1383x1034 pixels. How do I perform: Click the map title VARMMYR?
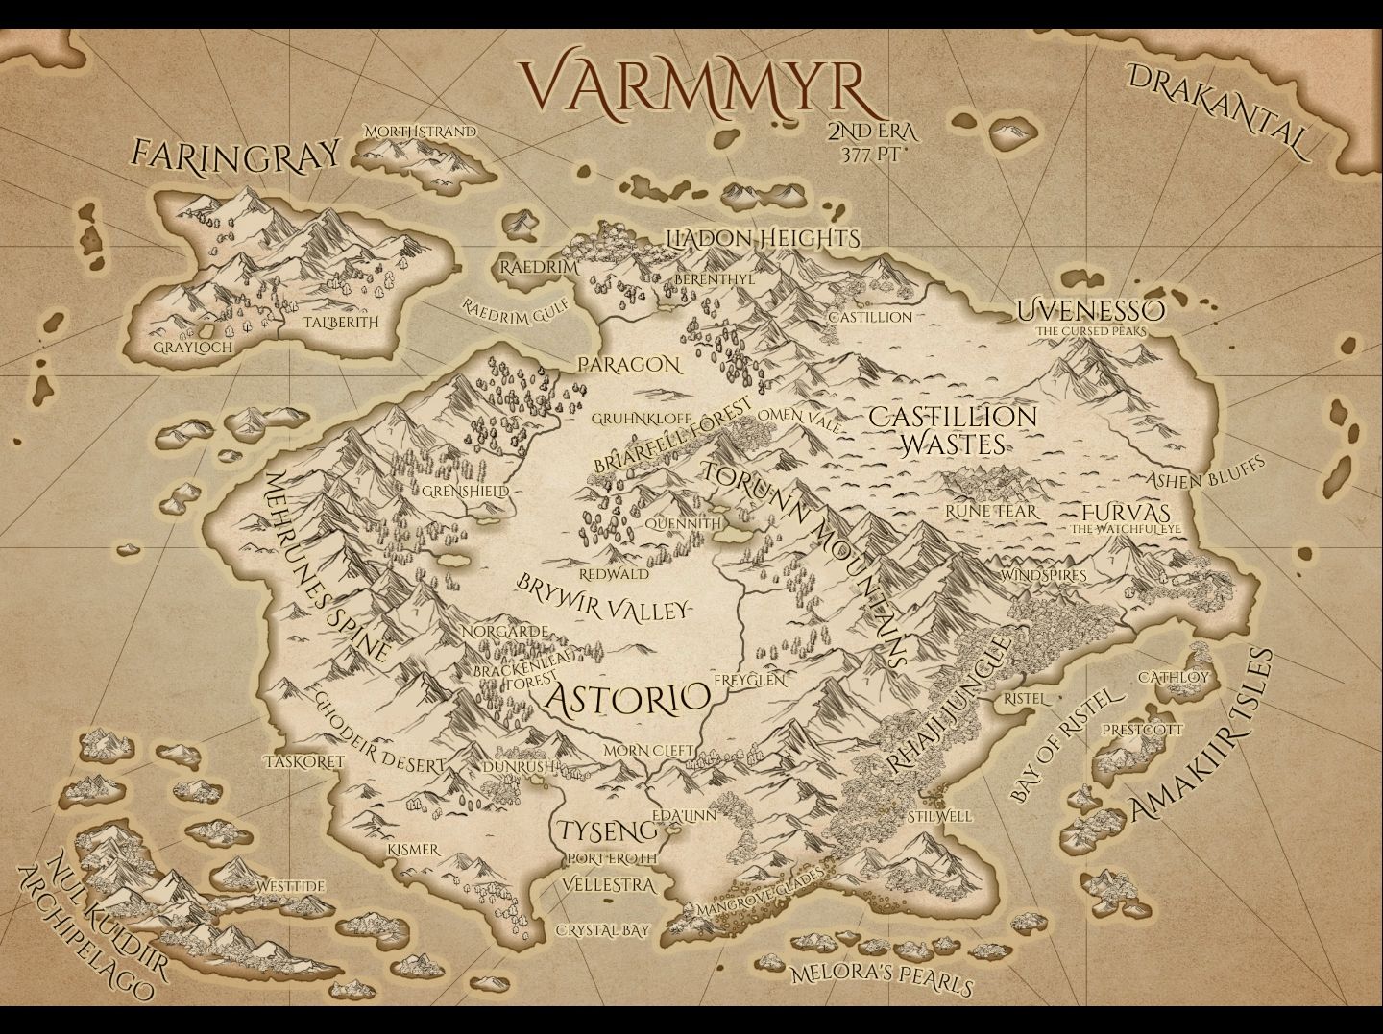click(x=698, y=85)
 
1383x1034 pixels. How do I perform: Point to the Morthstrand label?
click(x=421, y=131)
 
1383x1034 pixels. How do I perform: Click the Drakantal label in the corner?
click(x=1218, y=111)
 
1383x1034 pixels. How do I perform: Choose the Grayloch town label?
click(x=193, y=346)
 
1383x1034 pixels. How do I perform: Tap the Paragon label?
click(x=629, y=365)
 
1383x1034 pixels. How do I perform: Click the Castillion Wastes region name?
click(x=953, y=429)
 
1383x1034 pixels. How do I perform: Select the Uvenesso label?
click(x=1091, y=310)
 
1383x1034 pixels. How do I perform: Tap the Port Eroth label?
click(x=612, y=857)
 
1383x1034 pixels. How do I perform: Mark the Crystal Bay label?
click(x=603, y=929)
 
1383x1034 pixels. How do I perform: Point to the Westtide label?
click(x=290, y=885)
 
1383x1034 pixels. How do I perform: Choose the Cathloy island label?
click(x=1174, y=677)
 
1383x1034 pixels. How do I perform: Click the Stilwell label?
click(x=939, y=816)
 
